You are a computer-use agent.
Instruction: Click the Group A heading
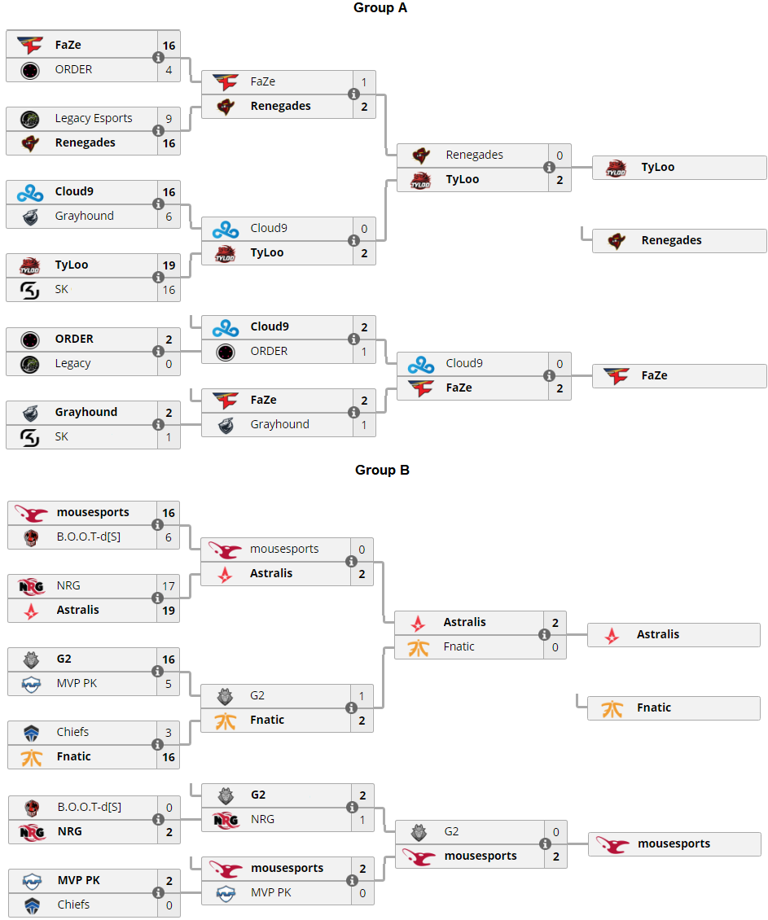[380, 8]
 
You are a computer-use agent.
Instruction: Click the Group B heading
[382, 470]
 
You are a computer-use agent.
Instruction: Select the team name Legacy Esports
[94, 118]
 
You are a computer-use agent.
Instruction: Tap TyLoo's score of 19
[169, 265]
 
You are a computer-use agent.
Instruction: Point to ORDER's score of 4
[169, 69]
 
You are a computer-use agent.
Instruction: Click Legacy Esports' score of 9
[169, 118]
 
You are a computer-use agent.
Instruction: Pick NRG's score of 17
[169, 585]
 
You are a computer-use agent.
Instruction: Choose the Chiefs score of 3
[169, 732]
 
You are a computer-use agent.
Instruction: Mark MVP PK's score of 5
[169, 683]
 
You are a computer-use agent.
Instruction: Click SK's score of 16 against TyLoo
[169, 289]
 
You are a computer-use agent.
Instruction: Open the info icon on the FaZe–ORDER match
[158, 57]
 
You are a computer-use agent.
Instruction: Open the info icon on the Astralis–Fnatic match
[544, 634]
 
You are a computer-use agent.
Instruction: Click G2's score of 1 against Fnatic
[362, 695]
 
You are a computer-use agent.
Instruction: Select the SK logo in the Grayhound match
[29, 437]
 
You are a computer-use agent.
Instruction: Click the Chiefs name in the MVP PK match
[73, 905]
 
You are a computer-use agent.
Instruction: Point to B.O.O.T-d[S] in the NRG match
[89, 807]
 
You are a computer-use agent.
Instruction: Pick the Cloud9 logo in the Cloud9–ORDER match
[225, 326]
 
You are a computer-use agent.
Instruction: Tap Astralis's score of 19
[169, 610]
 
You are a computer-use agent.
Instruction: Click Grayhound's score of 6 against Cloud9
[169, 216]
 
